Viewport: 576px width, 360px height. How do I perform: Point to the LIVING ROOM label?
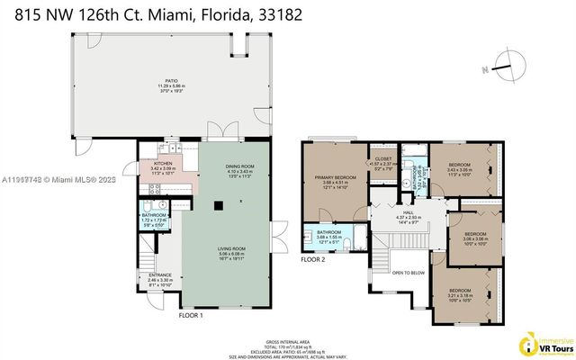[230, 249]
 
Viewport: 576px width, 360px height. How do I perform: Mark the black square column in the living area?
[216, 206]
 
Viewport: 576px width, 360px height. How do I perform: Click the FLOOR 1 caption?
[192, 316]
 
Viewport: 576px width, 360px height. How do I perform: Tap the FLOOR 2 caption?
[312, 259]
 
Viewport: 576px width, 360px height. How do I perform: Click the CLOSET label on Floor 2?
[384, 157]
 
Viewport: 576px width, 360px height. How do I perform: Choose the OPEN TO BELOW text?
[409, 273]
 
